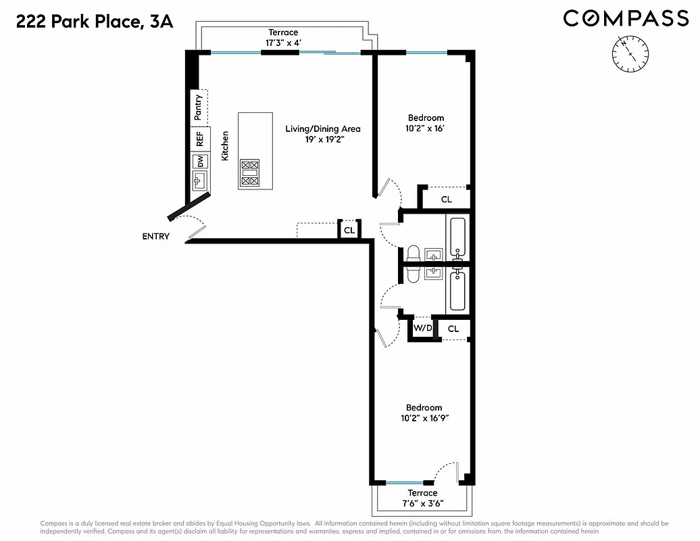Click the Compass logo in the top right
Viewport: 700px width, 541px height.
coord(626,18)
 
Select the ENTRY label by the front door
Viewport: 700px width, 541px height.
coord(155,237)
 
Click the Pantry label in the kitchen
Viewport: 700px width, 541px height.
coord(198,108)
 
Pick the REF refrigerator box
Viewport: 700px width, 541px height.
coord(199,140)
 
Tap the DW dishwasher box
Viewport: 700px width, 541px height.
coord(199,162)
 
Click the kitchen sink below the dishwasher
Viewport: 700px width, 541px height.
coord(200,180)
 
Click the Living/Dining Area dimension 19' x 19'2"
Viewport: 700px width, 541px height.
coord(322,141)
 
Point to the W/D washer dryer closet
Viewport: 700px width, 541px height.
coord(422,328)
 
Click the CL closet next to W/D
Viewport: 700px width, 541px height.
coord(453,329)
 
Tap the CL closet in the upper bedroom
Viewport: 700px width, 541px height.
coord(446,199)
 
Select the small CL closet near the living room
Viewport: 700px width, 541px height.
coord(349,231)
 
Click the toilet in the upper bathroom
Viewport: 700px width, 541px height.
coord(413,254)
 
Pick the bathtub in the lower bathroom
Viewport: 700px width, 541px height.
coord(457,291)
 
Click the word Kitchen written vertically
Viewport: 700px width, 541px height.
coord(225,145)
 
